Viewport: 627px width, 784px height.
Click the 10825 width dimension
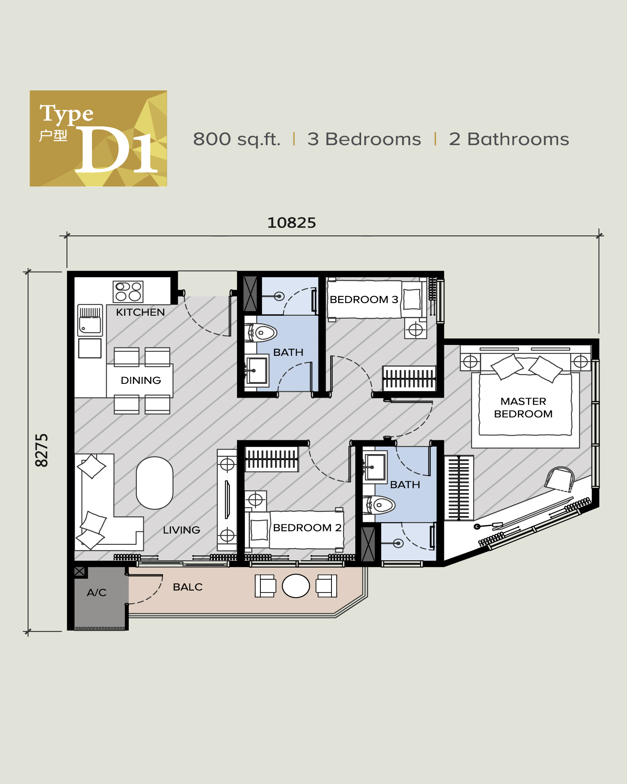[x=291, y=223]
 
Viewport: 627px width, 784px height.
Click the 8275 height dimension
[x=41, y=450]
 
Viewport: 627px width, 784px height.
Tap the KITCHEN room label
[x=140, y=312]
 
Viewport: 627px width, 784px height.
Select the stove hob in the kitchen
[x=128, y=291]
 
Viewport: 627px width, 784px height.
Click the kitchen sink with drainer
[x=90, y=320]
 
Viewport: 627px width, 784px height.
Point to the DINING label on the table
[x=141, y=381]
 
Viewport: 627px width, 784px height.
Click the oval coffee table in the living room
[x=155, y=483]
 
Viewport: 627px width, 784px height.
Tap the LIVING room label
[x=181, y=530]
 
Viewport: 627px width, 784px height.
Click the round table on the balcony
[x=296, y=586]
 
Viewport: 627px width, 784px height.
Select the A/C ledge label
[x=97, y=592]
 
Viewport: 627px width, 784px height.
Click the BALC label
[x=188, y=587]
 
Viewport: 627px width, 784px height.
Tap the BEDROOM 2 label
[x=307, y=528]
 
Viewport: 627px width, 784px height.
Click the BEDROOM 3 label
[x=364, y=299]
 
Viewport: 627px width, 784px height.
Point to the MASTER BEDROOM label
[x=523, y=408]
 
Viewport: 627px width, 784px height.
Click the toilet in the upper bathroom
[x=262, y=333]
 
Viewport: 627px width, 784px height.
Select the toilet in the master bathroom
[x=380, y=505]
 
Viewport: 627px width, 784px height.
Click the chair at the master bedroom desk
[x=560, y=479]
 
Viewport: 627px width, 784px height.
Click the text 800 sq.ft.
[x=237, y=139]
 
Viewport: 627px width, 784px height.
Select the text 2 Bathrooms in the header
[x=509, y=139]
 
